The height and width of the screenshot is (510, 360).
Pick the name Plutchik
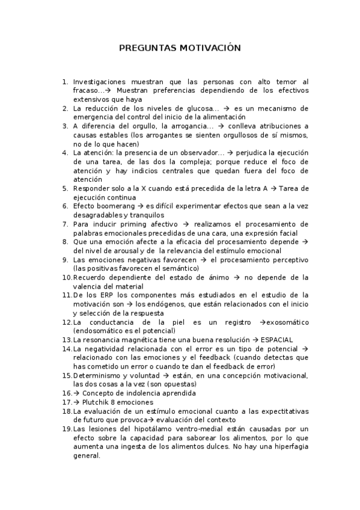(x=94, y=402)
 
